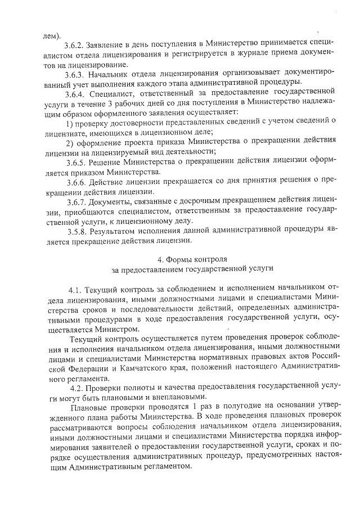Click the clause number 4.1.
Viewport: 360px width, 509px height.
pos(76,290)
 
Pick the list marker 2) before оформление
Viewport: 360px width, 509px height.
pos(70,141)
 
